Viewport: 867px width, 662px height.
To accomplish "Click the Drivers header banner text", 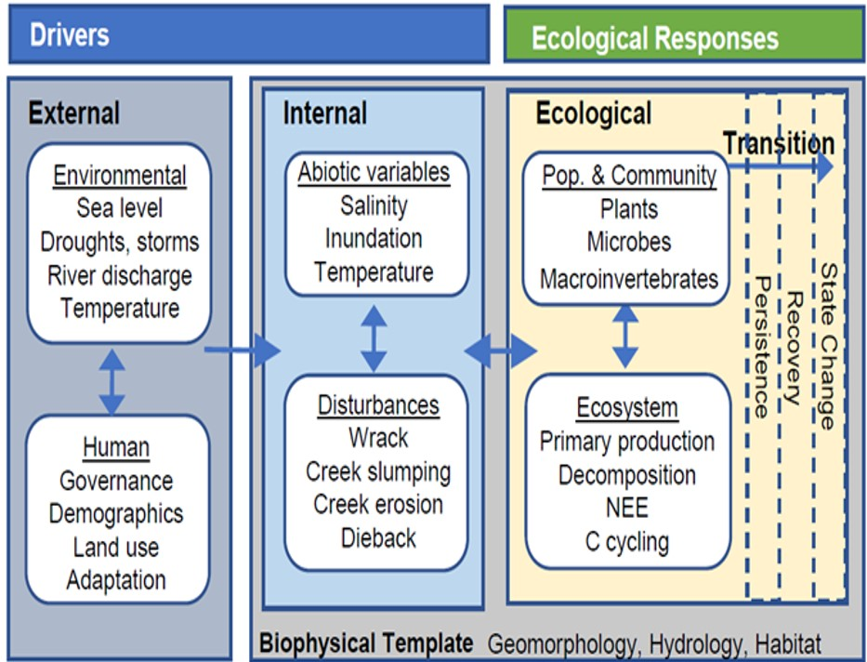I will click(x=70, y=35).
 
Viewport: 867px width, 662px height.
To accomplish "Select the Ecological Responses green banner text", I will click(x=654, y=38).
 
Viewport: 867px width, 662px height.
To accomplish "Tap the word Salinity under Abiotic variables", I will click(x=373, y=205).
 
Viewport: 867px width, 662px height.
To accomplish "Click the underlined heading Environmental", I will click(x=119, y=176).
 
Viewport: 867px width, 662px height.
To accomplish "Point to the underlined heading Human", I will click(x=116, y=447).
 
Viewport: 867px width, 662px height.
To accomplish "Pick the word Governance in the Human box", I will click(x=116, y=481).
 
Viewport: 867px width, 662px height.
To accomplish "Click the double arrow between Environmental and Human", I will click(x=112, y=381).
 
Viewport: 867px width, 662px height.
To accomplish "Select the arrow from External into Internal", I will click(x=242, y=351).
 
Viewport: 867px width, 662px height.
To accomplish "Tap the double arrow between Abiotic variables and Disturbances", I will click(x=373, y=336).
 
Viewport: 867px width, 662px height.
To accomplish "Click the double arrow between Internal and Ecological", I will click(x=500, y=351).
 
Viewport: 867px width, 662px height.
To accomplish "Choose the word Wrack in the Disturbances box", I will click(x=378, y=437).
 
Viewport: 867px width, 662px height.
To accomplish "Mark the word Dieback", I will click(x=378, y=537).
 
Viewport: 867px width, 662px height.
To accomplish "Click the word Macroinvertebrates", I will click(x=628, y=278).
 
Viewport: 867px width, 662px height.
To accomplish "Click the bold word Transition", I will click(x=779, y=143).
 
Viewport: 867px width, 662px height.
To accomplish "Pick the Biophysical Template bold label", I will click(x=366, y=643).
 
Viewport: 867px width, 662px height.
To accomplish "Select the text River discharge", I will click(x=119, y=275).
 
